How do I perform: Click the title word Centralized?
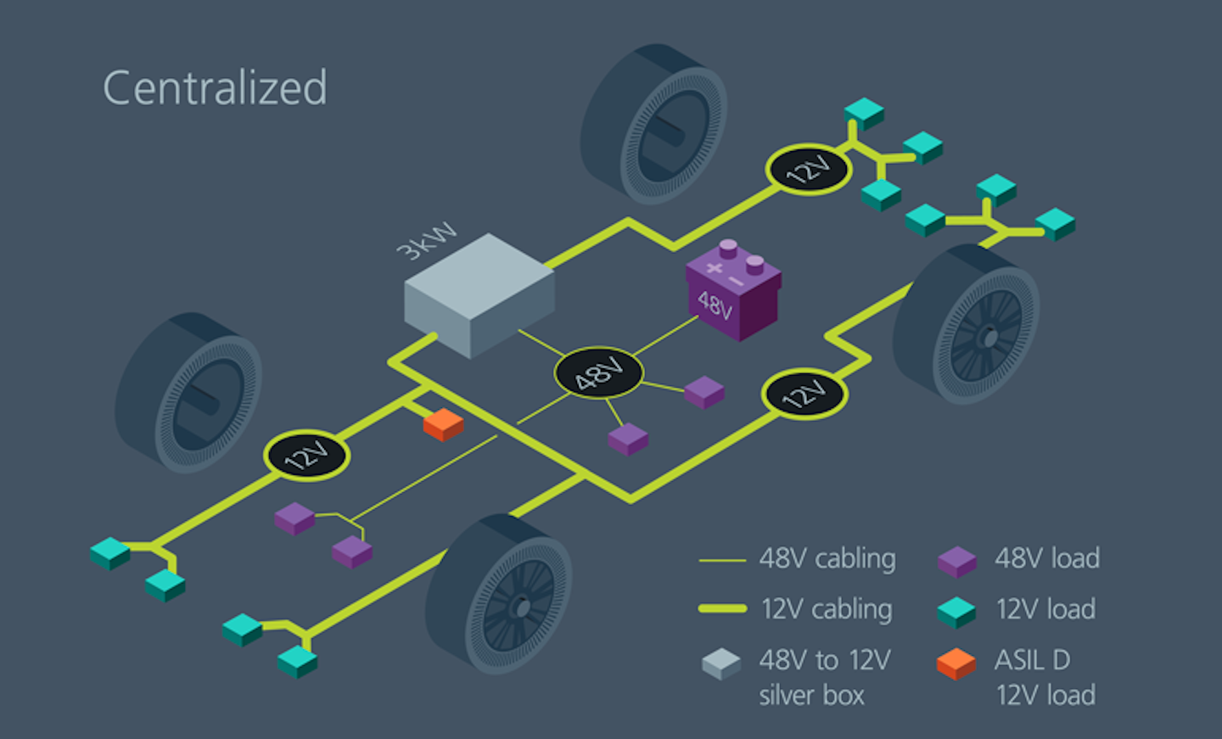pos(215,87)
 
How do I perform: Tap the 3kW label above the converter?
pos(426,241)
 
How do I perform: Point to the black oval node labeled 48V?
pos(598,372)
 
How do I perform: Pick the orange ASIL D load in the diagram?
pos(443,424)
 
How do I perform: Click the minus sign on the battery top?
pos(736,281)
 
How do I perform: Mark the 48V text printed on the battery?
pos(715,305)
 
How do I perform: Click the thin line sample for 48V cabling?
pos(721,561)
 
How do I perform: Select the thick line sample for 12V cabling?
pos(721,608)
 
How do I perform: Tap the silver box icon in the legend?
pos(721,663)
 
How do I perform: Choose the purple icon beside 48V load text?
pos(956,561)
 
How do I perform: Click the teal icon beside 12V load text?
pos(956,612)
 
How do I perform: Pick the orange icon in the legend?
pos(956,663)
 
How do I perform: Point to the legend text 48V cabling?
pos(827,559)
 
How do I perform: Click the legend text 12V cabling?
pos(826,609)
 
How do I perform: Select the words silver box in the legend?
pos(811,696)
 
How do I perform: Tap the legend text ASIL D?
pos(1032,660)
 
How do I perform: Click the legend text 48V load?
pos(1047,558)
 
